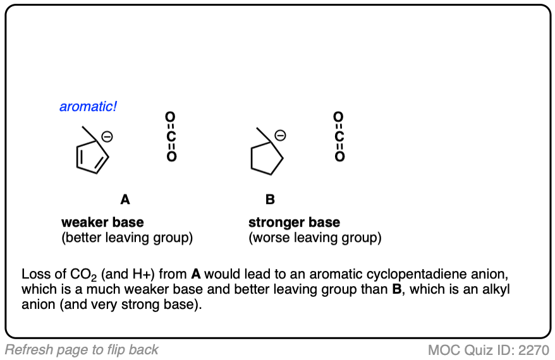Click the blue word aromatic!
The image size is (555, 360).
[88, 107]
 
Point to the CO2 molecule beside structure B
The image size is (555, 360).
[339, 136]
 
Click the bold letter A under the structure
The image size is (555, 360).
[125, 200]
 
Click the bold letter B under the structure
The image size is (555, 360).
[270, 200]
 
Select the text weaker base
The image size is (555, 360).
[102, 222]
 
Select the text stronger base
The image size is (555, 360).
[294, 222]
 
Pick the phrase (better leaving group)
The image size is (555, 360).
[127, 238]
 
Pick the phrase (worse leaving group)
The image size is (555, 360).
[315, 238]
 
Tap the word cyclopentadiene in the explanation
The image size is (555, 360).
[409, 275]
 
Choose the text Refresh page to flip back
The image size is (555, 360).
[82, 349]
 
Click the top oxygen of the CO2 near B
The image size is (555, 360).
[339, 117]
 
